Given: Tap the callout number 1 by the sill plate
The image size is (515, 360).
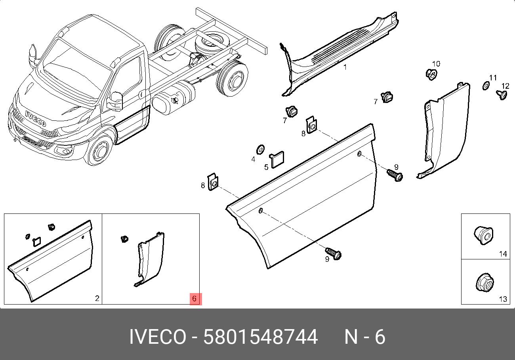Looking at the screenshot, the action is [x=345, y=67].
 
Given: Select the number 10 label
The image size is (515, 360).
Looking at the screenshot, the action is [x=436, y=64].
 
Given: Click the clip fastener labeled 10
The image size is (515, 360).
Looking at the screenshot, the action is [x=431, y=74].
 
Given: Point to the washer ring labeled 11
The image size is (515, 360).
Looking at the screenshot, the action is [x=486, y=86].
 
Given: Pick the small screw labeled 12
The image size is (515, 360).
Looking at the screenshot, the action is [x=502, y=95].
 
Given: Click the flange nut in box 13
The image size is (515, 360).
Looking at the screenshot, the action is [x=484, y=282].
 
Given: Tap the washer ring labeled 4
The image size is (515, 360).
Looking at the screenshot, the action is [x=261, y=150].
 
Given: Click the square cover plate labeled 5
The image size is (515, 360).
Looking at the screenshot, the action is [x=277, y=160].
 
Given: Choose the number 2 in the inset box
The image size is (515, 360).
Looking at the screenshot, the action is [x=97, y=298].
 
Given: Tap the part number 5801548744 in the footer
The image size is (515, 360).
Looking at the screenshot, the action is [x=261, y=337].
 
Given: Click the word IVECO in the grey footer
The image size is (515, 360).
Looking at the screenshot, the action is [x=158, y=337].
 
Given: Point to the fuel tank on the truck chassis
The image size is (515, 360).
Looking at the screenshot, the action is [x=174, y=99].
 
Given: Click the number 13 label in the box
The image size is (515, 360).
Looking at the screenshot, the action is [x=503, y=299].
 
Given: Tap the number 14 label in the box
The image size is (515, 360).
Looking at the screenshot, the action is [x=503, y=254].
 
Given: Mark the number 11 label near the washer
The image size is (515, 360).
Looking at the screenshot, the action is [x=493, y=78].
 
